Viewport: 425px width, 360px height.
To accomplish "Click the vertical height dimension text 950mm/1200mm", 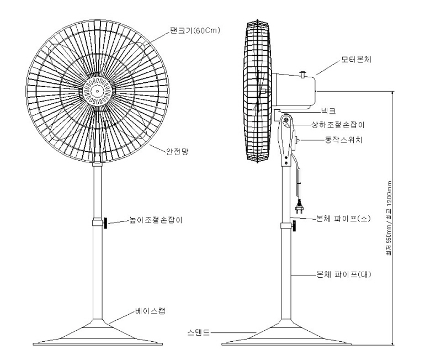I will click(x=389, y=221).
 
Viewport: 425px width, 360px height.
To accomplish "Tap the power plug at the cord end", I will click(x=301, y=208).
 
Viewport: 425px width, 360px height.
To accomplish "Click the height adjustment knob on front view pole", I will click(x=105, y=223).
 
